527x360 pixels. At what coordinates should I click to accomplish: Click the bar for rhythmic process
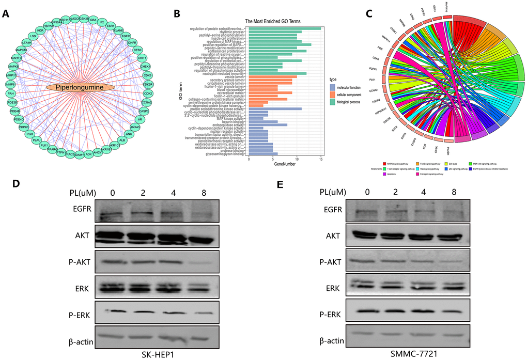click(273, 32)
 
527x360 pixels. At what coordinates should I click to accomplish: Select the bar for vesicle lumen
click(273, 77)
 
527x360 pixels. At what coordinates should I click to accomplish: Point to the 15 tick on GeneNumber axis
click(321, 160)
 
